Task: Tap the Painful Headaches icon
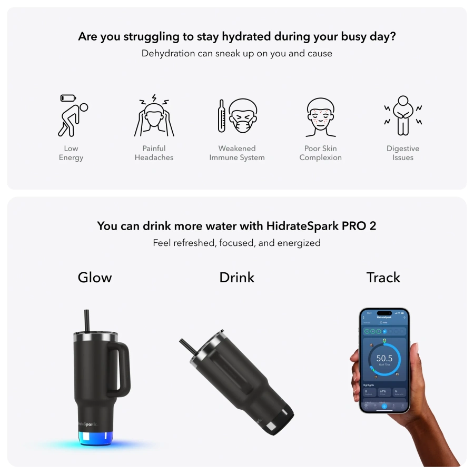click(x=154, y=116)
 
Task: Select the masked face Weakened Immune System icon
click(x=236, y=116)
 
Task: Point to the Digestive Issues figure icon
click(x=403, y=116)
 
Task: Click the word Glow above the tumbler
click(x=95, y=278)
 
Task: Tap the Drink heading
click(x=236, y=278)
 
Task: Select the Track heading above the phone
click(x=383, y=278)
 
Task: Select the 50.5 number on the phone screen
click(x=384, y=358)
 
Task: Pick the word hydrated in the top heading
click(x=243, y=37)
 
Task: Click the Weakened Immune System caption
click(x=236, y=153)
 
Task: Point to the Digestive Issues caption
click(x=403, y=153)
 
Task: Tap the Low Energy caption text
click(x=71, y=153)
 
